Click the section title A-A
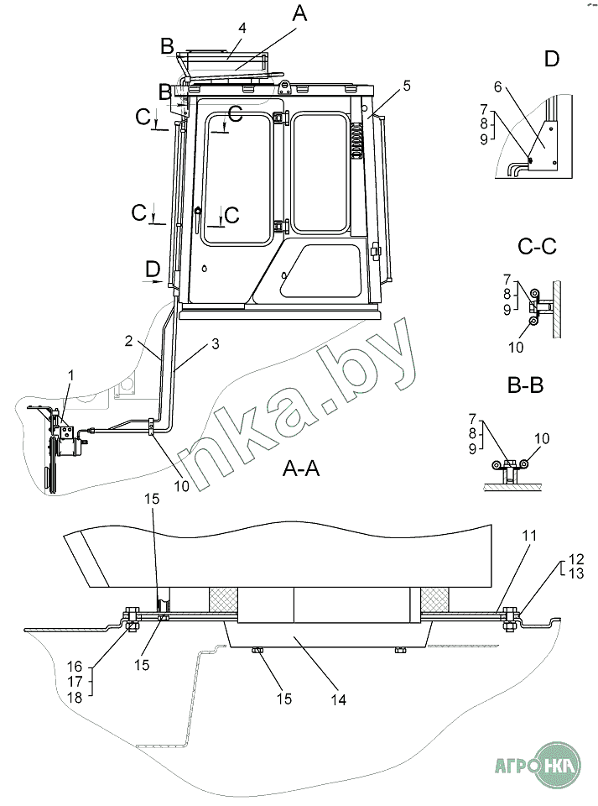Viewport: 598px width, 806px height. click(301, 468)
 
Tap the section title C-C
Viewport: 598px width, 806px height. click(537, 247)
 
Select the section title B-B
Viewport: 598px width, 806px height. click(525, 385)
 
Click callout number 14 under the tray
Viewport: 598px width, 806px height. click(338, 699)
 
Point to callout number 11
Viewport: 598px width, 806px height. click(529, 536)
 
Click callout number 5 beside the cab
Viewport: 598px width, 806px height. click(407, 86)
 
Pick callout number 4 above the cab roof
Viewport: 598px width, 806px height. click(242, 28)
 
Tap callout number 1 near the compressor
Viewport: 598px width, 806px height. click(70, 376)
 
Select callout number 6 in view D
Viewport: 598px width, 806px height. click(497, 87)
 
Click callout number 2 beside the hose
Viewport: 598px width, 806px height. click(128, 340)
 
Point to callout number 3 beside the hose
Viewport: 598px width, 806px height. click(215, 344)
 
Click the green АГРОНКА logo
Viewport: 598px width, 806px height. click(538, 766)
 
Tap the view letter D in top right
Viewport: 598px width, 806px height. click(551, 59)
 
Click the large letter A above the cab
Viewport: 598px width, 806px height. click(299, 13)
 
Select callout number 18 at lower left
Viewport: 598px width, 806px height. click(75, 697)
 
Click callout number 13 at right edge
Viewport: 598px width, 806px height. click(576, 573)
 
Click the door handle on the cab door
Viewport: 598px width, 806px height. click(196, 218)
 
